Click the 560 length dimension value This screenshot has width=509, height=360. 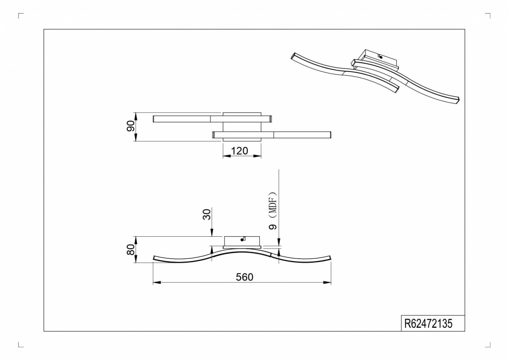pos(244,277)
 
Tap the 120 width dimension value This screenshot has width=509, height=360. pos(239,151)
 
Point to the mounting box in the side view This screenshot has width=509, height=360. pos(242,241)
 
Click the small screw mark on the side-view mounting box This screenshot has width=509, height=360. pos(243,239)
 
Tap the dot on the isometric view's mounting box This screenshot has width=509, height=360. pos(381,57)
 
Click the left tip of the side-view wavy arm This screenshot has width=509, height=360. pos(154,259)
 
